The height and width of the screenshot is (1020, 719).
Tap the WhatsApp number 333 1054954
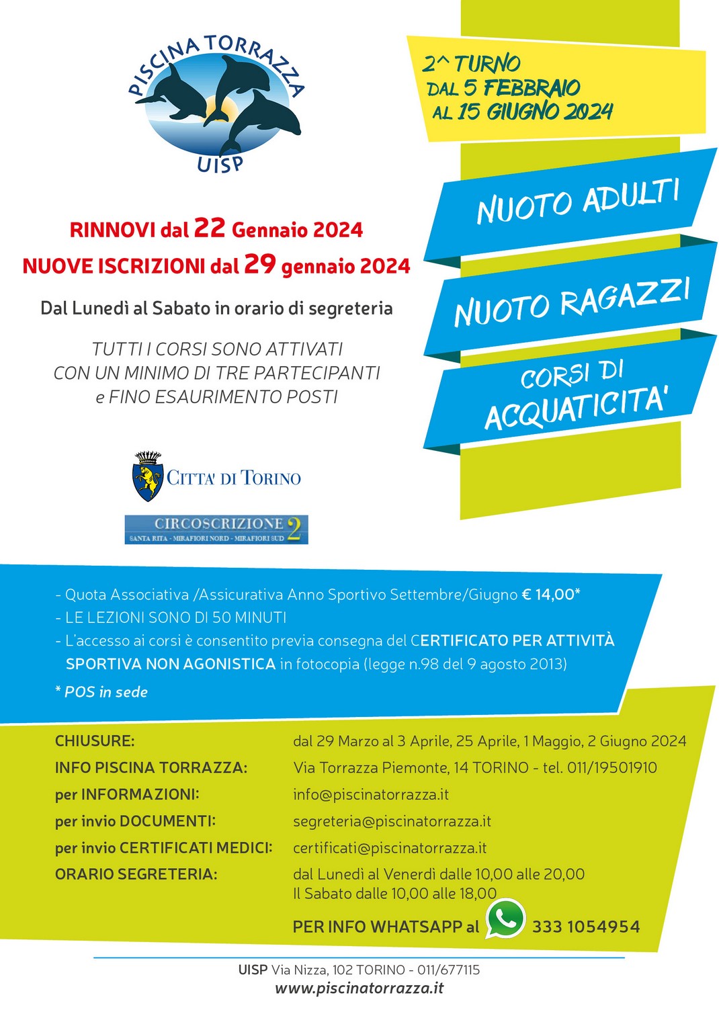point(586,927)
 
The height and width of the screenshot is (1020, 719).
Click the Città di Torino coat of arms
point(148,477)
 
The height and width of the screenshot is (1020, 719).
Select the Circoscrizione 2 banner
point(216,529)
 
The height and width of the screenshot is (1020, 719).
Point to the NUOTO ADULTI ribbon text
point(578,202)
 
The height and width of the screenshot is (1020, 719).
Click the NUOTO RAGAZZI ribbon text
point(572,302)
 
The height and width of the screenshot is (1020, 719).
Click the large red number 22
point(209,228)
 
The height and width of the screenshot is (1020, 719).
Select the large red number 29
point(260,264)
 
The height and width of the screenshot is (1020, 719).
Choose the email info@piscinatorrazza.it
point(371,794)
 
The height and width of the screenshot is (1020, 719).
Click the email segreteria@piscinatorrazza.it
point(392,821)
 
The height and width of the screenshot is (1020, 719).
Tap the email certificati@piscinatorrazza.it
point(390,848)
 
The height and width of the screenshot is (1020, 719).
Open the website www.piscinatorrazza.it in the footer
point(359,988)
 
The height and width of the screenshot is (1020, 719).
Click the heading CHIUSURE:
point(95,741)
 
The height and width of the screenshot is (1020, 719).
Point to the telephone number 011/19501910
point(611,767)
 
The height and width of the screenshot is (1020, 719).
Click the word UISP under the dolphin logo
point(220,164)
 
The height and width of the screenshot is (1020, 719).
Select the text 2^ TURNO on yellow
point(471,64)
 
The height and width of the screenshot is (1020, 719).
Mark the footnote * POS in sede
point(101,692)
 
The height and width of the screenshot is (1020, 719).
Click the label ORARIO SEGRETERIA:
point(136,874)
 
